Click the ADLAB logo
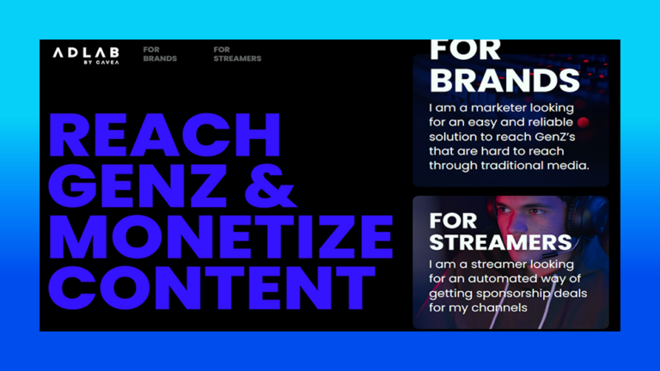[x=86, y=56]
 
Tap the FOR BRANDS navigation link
[x=160, y=54]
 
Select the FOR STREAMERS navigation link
[x=237, y=54]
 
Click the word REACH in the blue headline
[x=165, y=135]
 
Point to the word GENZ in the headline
[x=137, y=185]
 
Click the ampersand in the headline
[x=271, y=185]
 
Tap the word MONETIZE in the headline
[x=221, y=236]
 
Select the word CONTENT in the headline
[x=211, y=288]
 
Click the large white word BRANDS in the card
[x=504, y=80]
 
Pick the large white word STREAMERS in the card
[x=500, y=242]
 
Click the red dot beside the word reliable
[x=584, y=123]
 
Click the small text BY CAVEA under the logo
[x=101, y=62]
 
